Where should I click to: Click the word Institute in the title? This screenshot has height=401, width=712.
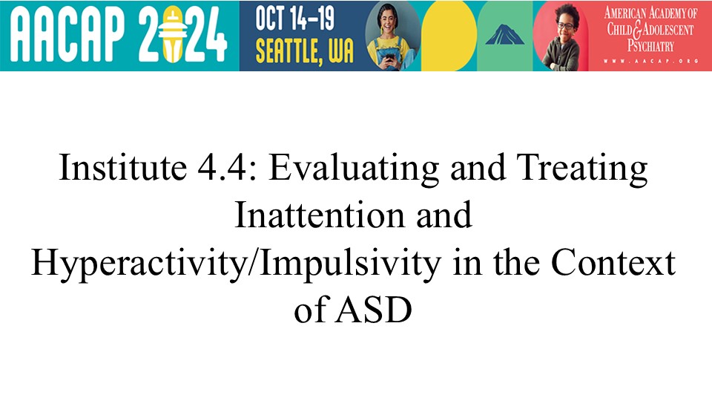[x=122, y=167]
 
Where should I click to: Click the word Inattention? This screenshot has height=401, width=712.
[x=319, y=215]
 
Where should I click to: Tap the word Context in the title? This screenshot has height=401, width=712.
[x=613, y=262]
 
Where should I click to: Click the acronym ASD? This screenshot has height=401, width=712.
[x=373, y=310]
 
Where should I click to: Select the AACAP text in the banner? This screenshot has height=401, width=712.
[x=67, y=35]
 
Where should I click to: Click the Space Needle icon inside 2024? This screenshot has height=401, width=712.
[x=174, y=36]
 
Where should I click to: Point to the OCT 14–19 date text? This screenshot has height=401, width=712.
[x=294, y=19]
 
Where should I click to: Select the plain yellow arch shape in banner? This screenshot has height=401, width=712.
[x=449, y=36]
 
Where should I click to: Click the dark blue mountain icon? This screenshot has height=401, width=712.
[x=504, y=35]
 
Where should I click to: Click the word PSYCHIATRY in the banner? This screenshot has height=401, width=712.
[x=650, y=46]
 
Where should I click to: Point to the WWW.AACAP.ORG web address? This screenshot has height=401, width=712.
[x=650, y=61]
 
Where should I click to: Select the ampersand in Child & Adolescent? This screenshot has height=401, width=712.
[x=637, y=30]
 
